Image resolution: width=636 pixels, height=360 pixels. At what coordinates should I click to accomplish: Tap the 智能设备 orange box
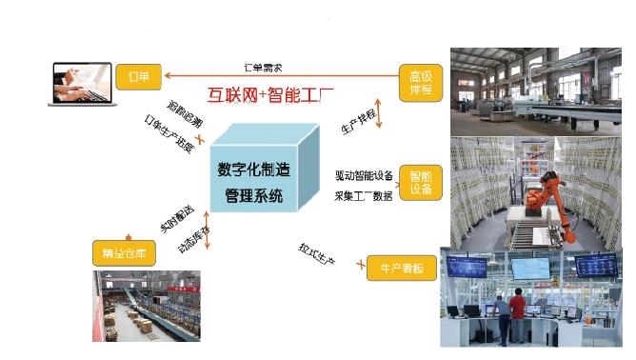coord(420,182)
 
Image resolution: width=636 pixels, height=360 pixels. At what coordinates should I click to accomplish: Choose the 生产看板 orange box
coord(402,269)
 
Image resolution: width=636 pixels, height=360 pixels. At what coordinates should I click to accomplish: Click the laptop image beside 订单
coord(83,82)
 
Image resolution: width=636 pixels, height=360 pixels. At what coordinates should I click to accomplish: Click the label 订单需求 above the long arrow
coord(263,67)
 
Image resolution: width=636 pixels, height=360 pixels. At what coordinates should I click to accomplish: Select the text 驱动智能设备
coord(364,175)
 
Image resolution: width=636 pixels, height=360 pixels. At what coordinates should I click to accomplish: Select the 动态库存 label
coord(193,235)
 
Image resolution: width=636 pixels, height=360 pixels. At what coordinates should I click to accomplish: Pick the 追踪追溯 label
coord(185,112)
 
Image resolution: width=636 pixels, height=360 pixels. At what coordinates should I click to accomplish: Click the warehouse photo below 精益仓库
coord(147,305)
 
